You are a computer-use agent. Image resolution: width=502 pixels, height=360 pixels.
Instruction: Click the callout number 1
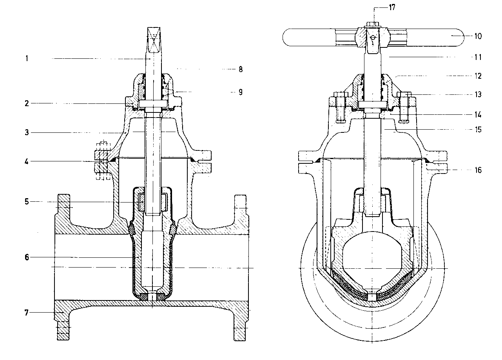click(27, 58)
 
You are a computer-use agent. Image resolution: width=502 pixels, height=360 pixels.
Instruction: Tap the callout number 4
click(27, 161)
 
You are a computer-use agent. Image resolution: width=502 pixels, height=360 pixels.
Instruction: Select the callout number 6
click(27, 257)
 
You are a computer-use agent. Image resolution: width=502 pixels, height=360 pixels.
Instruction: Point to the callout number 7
click(27, 313)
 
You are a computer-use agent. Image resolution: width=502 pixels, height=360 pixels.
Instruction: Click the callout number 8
click(241, 69)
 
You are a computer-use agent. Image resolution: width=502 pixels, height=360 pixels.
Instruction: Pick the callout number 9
click(241, 92)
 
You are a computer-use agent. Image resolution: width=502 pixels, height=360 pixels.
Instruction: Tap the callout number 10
click(478, 36)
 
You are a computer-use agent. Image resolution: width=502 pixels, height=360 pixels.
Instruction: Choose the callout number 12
click(478, 76)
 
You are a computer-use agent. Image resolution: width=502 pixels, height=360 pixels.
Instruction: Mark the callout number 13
click(478, 94)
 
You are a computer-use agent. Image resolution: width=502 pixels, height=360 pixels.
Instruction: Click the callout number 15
click(478, 130)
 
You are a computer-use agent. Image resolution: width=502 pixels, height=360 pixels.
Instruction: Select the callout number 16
click(478, 170)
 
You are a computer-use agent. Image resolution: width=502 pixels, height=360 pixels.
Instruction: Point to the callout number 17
click(392, 7)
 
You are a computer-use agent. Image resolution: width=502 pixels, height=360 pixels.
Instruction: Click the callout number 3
click(27, 132)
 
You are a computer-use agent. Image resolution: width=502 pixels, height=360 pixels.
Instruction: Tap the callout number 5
click(27, 202)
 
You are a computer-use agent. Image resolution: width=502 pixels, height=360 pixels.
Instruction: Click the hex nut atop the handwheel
click(372, 24)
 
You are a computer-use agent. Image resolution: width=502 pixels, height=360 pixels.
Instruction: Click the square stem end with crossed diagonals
click(154, 40)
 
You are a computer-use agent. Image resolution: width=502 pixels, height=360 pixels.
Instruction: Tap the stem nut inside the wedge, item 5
click(153, 202)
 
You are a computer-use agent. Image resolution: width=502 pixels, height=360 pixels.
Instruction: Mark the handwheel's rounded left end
click(289, 38)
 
